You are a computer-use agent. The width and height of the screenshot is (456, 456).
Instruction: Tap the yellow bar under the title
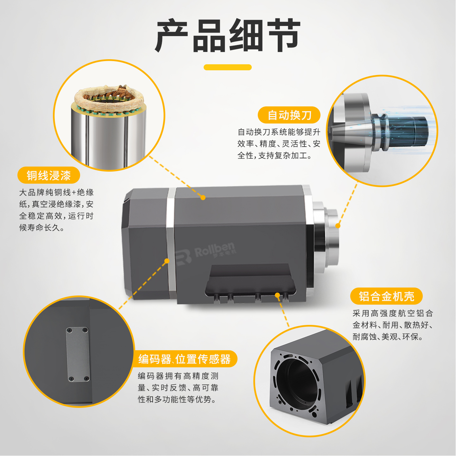pos(228,67)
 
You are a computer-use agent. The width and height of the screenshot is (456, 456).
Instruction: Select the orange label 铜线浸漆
pos(49,175)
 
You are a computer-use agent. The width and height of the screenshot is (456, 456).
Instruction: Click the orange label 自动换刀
pos(289,115)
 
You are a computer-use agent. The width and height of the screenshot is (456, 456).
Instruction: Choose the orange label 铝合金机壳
pos(386,296)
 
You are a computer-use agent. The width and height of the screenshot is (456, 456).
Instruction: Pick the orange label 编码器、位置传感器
pos(185,359)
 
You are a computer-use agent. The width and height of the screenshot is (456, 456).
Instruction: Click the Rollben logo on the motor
pos(206,252)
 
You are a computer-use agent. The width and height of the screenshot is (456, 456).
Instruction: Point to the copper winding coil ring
pos(109,99)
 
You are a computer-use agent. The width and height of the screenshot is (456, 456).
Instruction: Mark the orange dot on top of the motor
pos(203,198)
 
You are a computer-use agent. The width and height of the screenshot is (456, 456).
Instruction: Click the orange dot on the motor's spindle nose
pos(338,226)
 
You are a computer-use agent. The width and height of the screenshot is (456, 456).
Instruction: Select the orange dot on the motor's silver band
pos(167,261)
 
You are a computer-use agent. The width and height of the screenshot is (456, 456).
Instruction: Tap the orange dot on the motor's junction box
pos(278,295)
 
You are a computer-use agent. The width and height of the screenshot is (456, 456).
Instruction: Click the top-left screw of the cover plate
pos(69,330)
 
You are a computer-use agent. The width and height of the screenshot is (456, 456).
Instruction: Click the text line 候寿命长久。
pos(42,228)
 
